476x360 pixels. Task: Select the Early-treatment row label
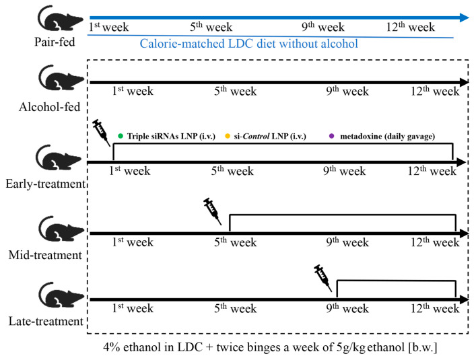point(42,183)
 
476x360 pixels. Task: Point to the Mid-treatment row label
point(44,254)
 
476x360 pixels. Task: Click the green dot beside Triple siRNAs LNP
point(120,137)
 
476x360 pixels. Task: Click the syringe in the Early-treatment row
point(102,131)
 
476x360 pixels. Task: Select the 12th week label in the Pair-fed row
point(411,28)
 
